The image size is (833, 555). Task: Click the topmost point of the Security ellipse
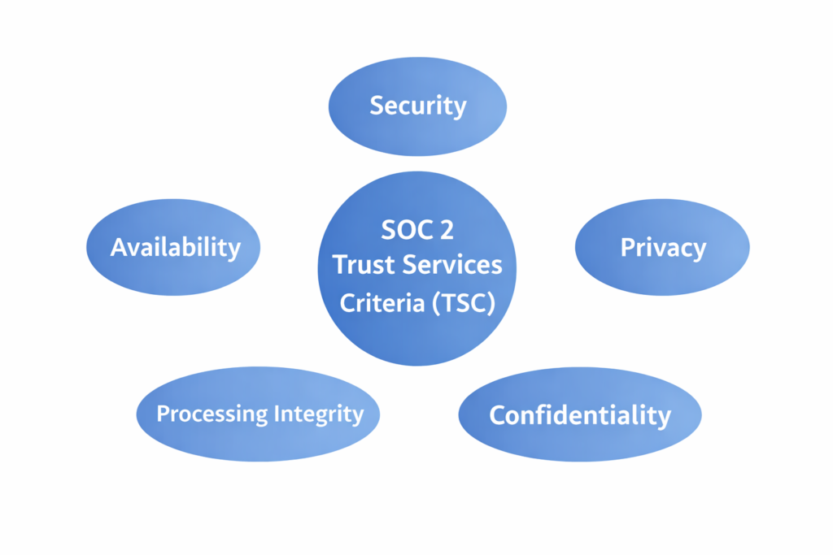(x=417, y=58)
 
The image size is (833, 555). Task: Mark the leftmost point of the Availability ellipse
(x=86, y=247)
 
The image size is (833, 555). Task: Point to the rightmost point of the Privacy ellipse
(x=750, y=247)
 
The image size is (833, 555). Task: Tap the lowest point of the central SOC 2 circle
(x=417, y=366)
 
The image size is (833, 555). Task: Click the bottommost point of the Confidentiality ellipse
(x=580, y=462)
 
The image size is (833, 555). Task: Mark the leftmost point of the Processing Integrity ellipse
(x=136, y=414)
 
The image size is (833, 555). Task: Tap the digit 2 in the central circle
(x=447, y=230)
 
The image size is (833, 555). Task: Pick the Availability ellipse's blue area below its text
(x=174, y=277)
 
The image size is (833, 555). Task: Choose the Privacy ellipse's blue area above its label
(x=662, y=218)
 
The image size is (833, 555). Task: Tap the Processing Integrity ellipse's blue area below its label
(x=259, y=444)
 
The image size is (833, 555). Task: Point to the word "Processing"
(x=212, y=414)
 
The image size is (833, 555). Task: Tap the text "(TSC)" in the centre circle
(x=464, y=303)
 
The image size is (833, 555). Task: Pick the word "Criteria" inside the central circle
(x=382, y=303)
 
